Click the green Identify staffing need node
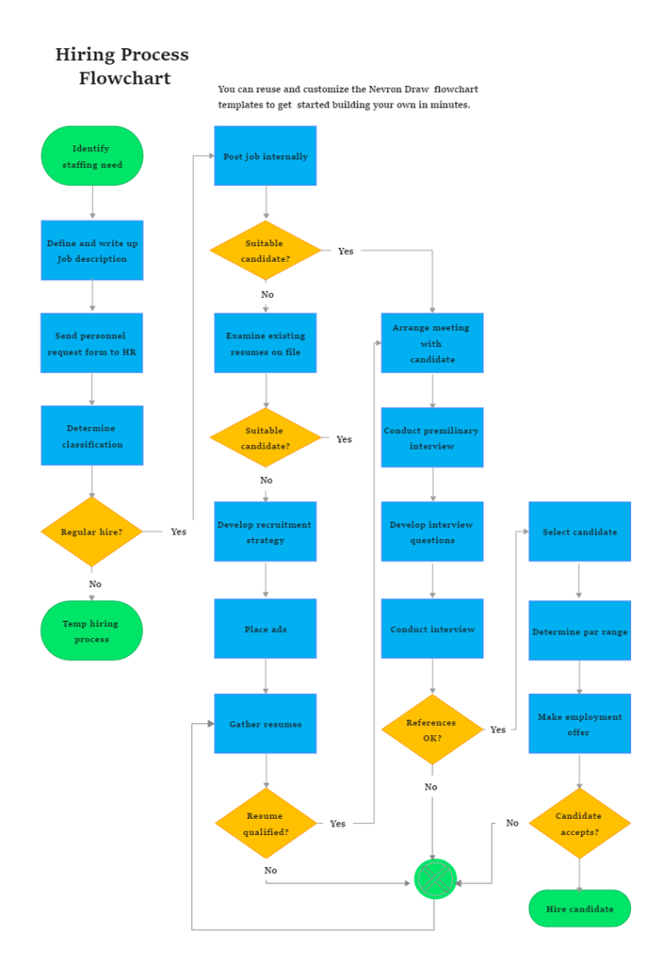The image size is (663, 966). [92, 156]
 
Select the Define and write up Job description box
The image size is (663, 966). [92, 251]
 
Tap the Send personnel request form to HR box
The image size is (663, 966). [92, 343]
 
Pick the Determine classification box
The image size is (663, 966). [92, 436]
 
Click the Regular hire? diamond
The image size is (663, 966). [91, 531]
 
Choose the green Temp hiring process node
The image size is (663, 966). [91, 631]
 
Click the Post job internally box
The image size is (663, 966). [265, 156]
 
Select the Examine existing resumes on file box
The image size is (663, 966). [265, 343]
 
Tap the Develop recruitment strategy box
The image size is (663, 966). [265, 531]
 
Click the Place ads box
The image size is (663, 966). [265, 629]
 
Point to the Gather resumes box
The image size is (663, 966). [265, 723]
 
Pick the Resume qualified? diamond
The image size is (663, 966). [265, 823]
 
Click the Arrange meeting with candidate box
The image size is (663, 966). [432, 343]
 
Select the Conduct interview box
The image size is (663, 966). [432, 629]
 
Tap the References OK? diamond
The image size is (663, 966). [432, 729]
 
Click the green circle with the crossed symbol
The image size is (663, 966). [436, 879]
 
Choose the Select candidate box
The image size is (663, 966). [579, 531]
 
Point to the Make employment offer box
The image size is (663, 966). [579, 723]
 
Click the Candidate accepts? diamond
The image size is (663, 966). [579, 823]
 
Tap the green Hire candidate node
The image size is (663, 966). [579, 908]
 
